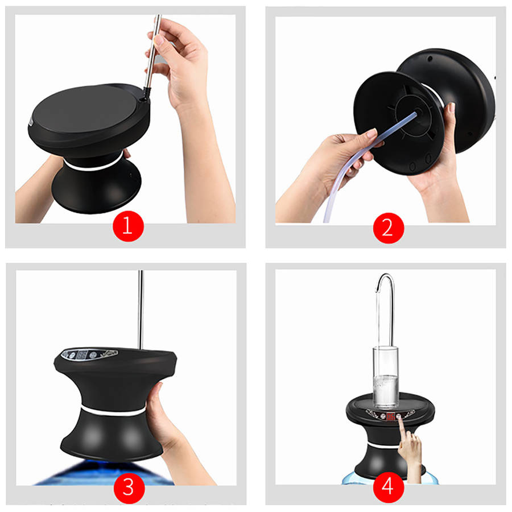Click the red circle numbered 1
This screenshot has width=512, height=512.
(128, 226)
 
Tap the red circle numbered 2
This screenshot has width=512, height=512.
(388, 228)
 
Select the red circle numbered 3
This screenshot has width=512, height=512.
(129, 488)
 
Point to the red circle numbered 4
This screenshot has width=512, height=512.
(388, 488)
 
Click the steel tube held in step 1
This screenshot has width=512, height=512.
(153, 52)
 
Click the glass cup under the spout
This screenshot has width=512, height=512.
(386, 378)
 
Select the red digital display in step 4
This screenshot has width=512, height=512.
(390, 416)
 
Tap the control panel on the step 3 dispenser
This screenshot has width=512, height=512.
(89, 354)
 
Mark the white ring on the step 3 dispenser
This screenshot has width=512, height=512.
(113, 410)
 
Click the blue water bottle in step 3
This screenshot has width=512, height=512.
(104, 473)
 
